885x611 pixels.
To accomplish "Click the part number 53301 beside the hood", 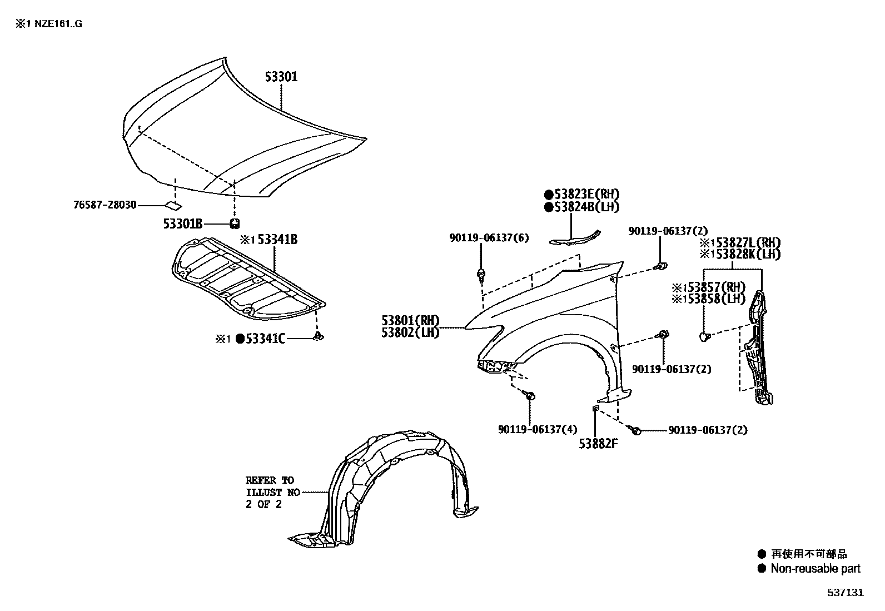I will [281, 77].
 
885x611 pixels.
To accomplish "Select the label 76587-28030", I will [105, 205].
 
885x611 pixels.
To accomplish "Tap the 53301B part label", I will [182, 224].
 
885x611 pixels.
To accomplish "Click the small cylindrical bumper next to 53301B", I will [235, 223].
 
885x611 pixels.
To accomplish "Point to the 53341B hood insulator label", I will [276, 240].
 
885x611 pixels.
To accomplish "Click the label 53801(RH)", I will [410, 321].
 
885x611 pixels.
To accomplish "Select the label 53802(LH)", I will [410, 332].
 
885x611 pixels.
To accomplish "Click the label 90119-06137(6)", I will [489, 238].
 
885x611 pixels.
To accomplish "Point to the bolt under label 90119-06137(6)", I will [480, 274].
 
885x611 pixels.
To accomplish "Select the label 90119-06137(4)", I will [530, 429].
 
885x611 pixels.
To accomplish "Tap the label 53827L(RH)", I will [745, 243].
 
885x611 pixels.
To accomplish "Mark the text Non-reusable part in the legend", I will [815, 569].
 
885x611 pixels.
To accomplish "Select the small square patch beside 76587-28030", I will [173, 206].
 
